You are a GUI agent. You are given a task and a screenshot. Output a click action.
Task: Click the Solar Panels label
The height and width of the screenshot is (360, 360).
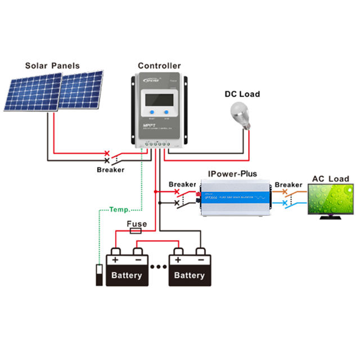coord(52,66)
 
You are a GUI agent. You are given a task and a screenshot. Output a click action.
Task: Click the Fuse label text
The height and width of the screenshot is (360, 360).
coord(137,223)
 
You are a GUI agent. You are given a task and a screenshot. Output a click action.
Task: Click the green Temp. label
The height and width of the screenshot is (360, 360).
coord(119,209)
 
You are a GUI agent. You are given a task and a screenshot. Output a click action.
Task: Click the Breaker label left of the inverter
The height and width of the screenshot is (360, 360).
coord(182,184)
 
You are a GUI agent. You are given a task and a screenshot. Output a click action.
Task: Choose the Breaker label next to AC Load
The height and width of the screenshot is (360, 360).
coord(288,184)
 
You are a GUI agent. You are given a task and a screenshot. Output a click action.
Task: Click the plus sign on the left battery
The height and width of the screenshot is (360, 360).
coord(115,260)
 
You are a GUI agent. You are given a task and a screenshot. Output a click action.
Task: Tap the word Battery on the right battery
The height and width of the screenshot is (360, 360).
coord(190,276)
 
